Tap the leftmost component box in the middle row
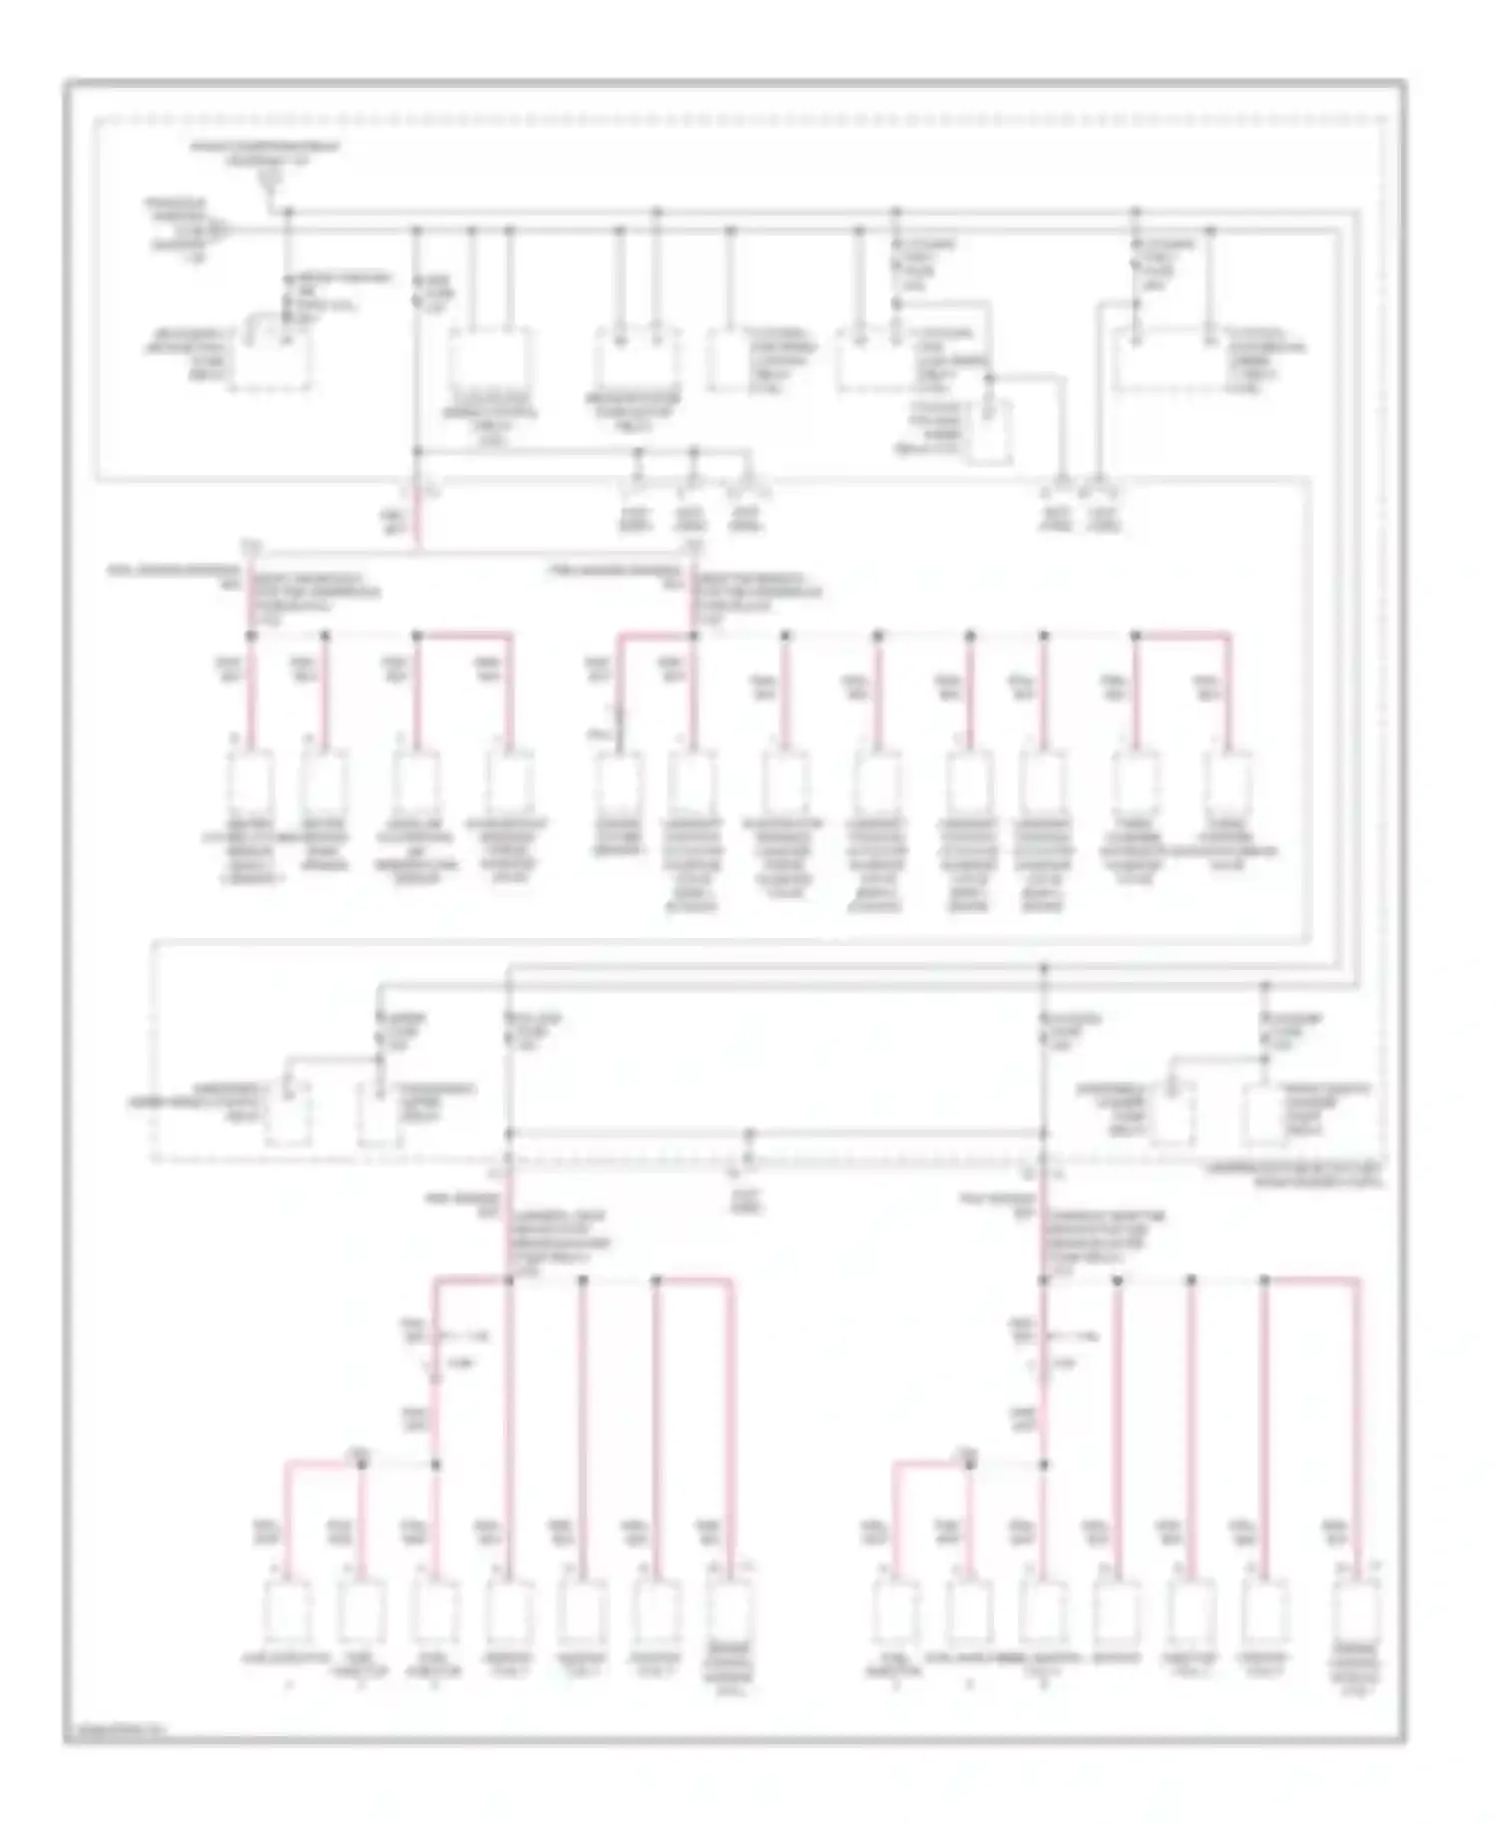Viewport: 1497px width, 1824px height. [249, 783]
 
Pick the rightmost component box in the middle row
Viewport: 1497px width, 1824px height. [1228, 783]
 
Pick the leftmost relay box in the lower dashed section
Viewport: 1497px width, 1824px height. [289, 1110]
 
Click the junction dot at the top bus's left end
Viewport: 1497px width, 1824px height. [288, 212]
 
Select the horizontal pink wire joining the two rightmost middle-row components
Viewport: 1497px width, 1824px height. [1183, 634]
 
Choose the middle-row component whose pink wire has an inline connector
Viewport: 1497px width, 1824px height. [619, 783]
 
